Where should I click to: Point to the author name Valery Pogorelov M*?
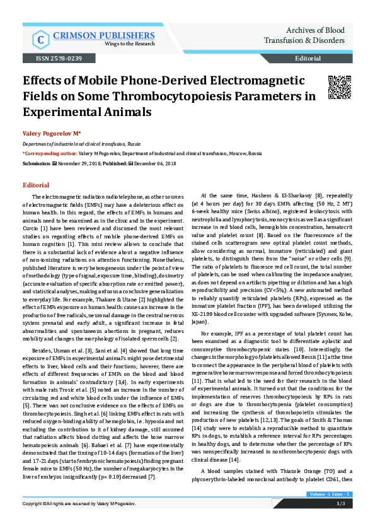coord(52,134)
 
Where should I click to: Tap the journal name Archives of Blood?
coord(315,30)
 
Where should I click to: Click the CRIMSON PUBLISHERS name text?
coord(92,35)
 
